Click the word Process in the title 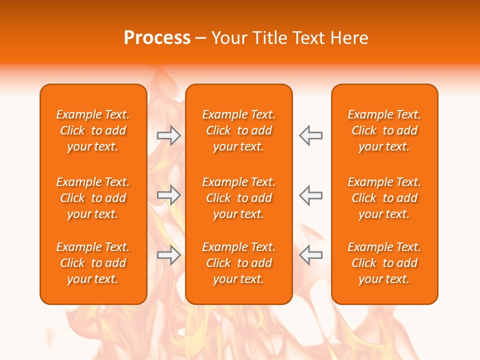157,38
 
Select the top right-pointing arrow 168,135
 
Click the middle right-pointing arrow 168,195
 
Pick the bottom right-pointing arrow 168,255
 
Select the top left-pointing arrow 311,135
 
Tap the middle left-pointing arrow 311,195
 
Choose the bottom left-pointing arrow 311,255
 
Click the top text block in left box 93,130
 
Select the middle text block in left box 93,198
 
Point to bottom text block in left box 93,263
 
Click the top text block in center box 239,130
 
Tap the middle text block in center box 239,198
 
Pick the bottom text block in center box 239,263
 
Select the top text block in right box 384,130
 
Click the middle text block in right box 384,198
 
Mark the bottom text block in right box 384,263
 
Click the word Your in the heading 228,38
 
